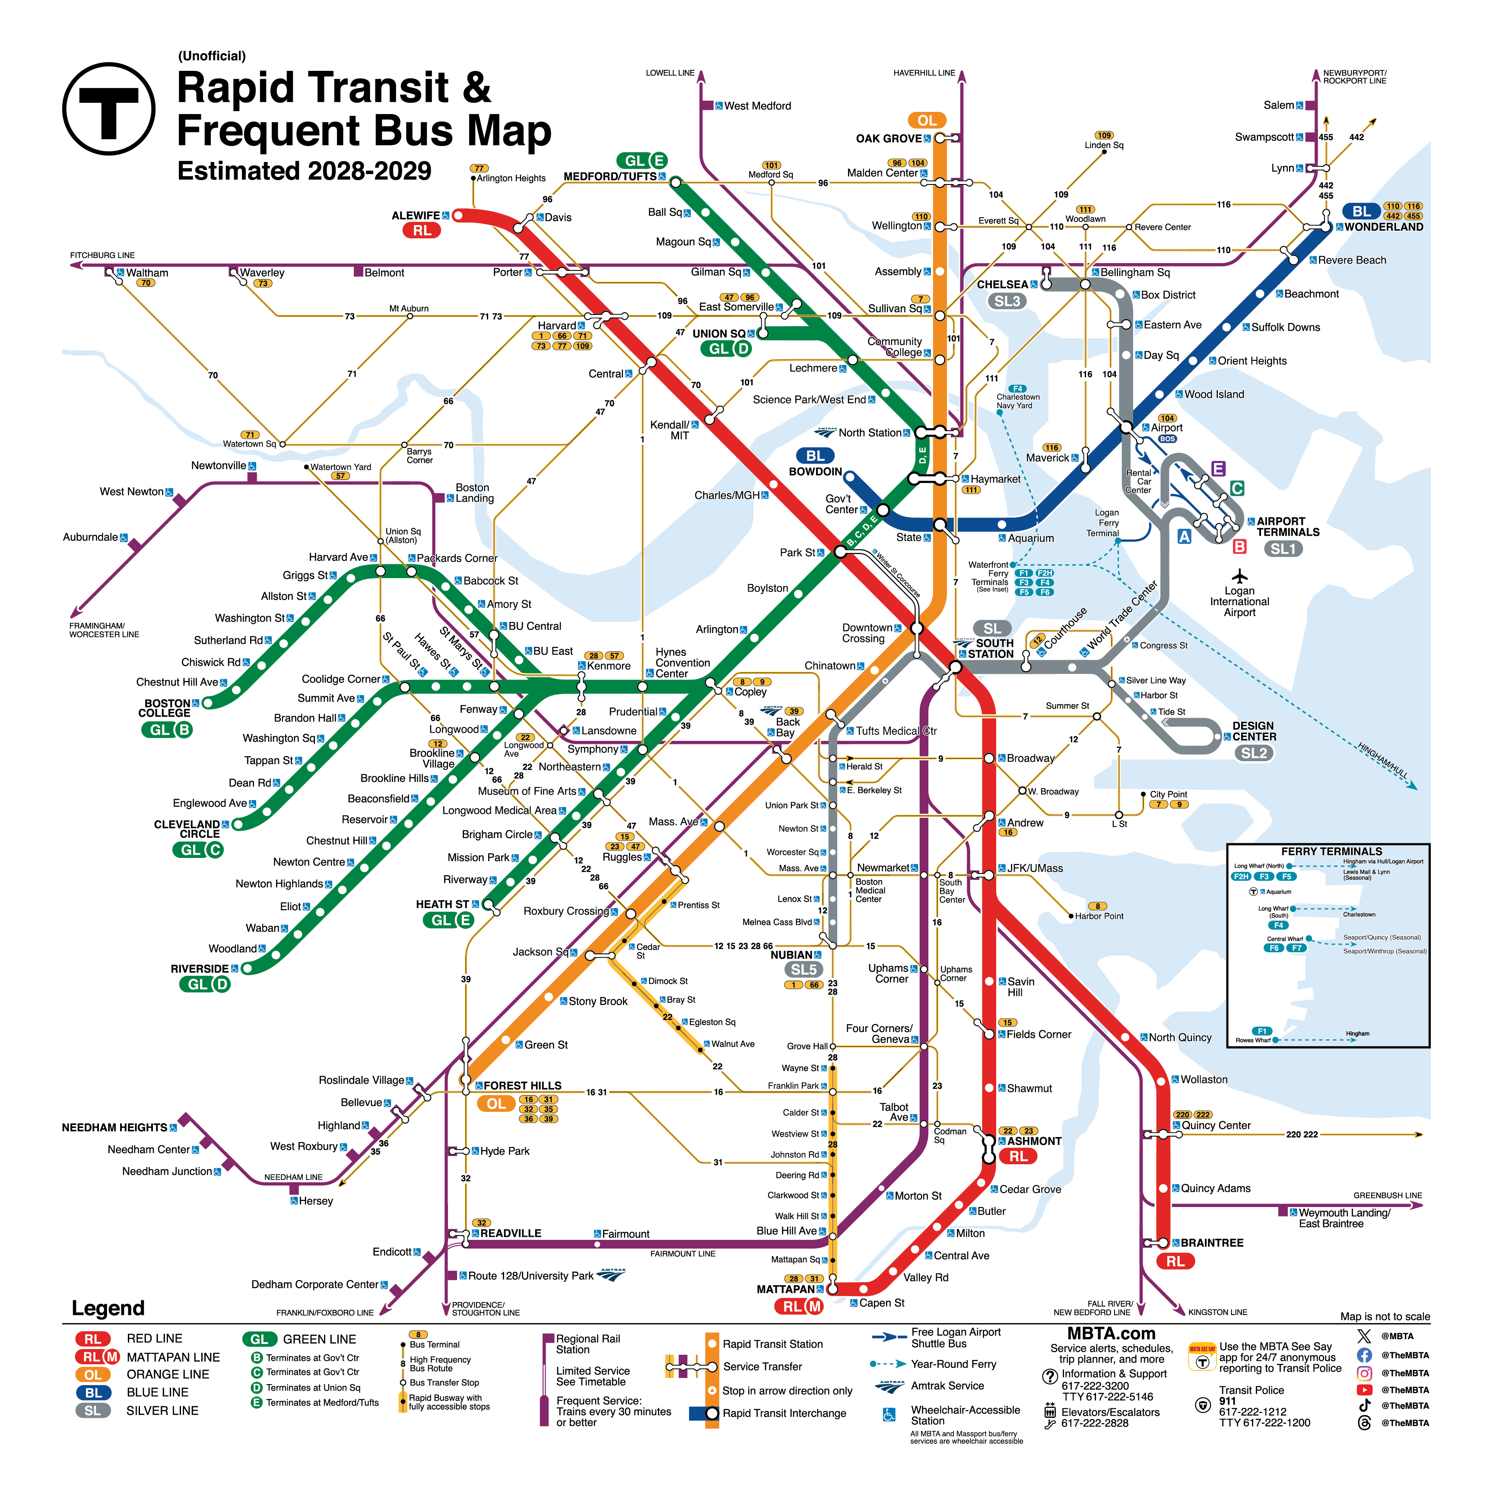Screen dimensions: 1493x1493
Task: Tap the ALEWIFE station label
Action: pyautogui.click(x=415, y=216)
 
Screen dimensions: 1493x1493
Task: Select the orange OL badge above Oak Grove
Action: pyautogui.click(x=927, y=121)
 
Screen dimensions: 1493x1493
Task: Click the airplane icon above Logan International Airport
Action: pyautogui.click(x=1239, y=576)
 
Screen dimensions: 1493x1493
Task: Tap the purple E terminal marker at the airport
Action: pyautogui.click(x=1218, y=468)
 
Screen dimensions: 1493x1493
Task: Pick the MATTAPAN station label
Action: pyautogui.click(x=785, y=1289)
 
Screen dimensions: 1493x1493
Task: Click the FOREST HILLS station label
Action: pyautogui.click(x=522, y=1086)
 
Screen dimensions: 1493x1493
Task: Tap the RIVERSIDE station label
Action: pyautogui.click(x=200, y=969)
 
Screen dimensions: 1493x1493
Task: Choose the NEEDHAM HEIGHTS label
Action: pyautogui.click(x=114, y=1128)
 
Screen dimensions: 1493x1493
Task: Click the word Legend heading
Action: pyautogui.click(x=108, y=1308)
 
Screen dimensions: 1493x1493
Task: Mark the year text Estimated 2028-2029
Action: pyautogui.click(x=305, y=171)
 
